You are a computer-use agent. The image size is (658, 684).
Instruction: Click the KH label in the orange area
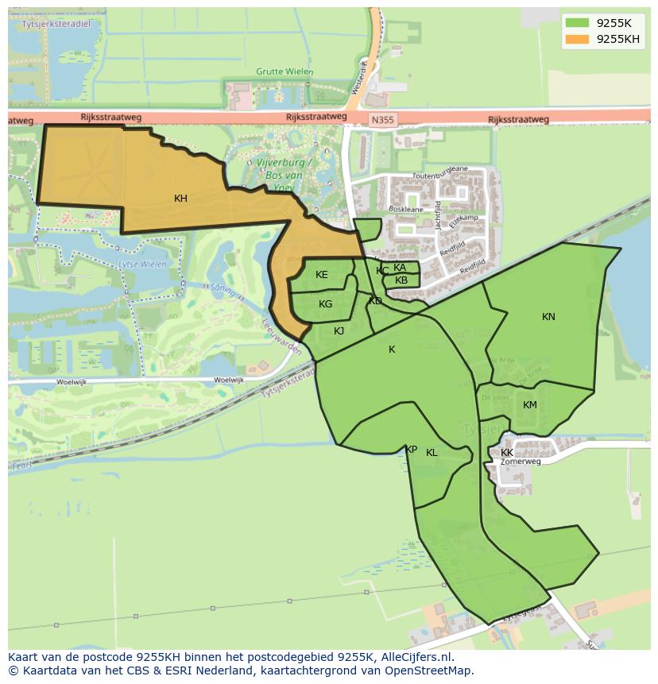tap(180, 199)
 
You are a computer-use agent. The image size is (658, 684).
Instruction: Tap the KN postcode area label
tap(548, 317)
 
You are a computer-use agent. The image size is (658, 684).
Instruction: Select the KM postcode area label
tap(530, 405)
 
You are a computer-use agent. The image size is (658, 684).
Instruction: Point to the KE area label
tap(321, 275)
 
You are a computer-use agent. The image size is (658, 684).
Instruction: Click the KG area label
tap(325, 304)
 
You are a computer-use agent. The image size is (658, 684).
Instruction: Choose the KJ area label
tap(339, 331)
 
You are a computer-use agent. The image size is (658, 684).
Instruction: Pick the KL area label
tap(432, 453)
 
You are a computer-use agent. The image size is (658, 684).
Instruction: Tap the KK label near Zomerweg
tap(507, 453)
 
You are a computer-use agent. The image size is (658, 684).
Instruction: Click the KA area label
tap(400, 268)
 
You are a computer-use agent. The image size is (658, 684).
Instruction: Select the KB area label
tap(401, 280)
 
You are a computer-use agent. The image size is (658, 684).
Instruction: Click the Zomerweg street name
tap(521, 462)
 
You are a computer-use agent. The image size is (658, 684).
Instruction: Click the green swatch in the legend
tap(578, 23)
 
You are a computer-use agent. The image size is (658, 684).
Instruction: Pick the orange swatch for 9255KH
tap(578, 39)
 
